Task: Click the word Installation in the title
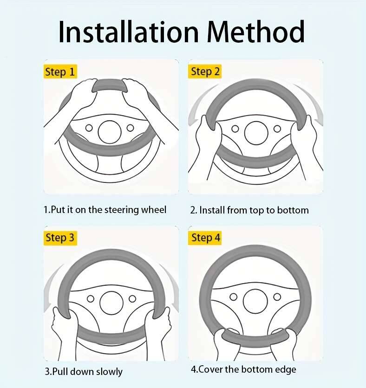pos(128,32)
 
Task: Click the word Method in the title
pos(255,32)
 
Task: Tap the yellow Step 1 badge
pos(60,71)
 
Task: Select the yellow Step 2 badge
pos(205,71)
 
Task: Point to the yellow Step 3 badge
pos(60,238)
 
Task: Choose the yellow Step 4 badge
pos(205,238)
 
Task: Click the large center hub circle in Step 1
pos(109,132)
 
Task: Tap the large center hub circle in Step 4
pos(255,301)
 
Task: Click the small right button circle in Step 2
pos(277,129)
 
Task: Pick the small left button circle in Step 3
pos(91,299)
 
